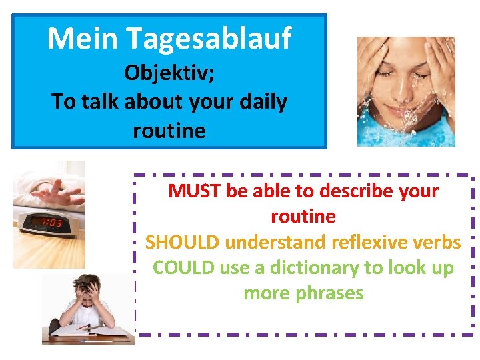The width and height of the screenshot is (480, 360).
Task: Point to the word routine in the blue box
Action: click(x=169, y=130)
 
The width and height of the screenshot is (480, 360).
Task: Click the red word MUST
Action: click(x=195, y=191)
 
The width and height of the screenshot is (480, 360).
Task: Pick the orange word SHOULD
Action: click(x=182, y=242)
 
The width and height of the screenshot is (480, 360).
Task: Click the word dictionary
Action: click(x=315, y=267)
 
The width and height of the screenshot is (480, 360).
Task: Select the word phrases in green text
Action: click(x=331, y=293)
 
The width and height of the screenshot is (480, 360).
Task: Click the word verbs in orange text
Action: click(x=437, y=242)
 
